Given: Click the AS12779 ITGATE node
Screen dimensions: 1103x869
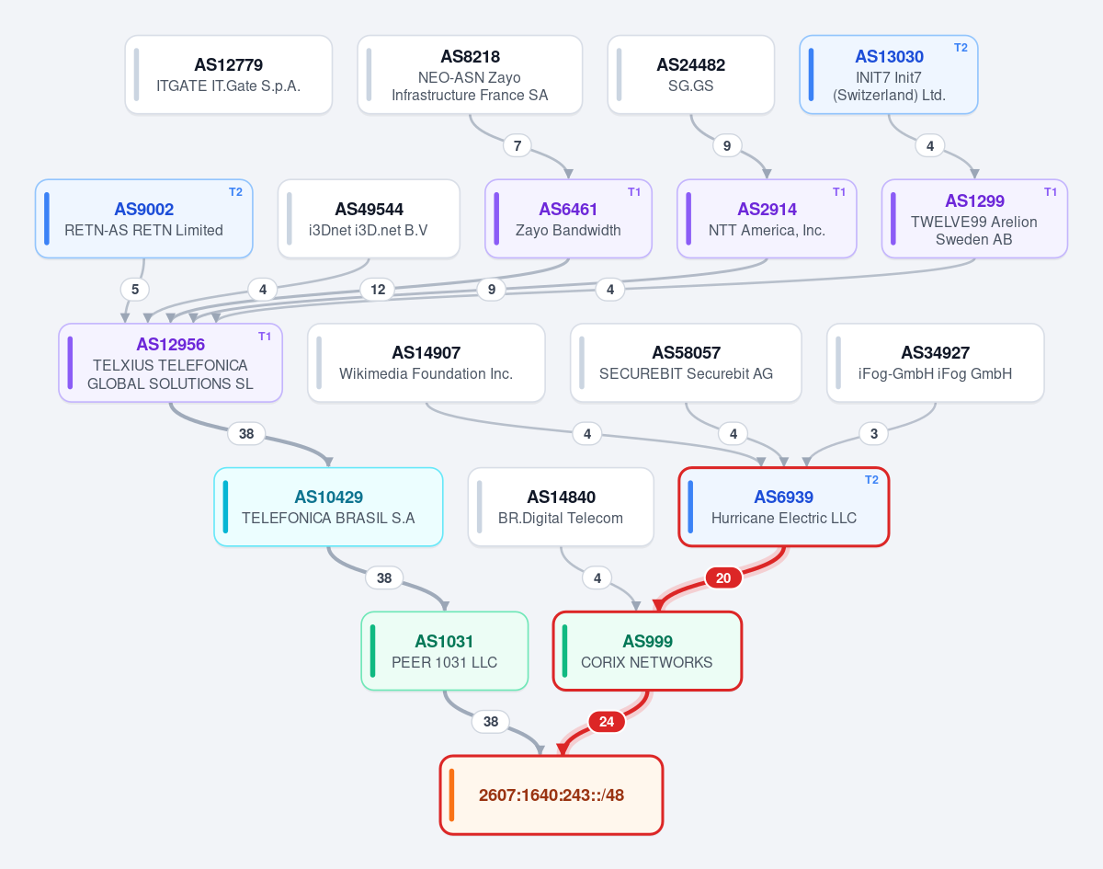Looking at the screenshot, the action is coord(229,74).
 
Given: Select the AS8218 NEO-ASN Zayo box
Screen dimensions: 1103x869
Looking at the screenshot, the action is coord(470,74).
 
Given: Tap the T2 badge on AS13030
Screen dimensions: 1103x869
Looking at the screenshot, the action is coord(961,48).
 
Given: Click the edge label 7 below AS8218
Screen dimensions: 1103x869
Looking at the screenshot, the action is coord(517,145).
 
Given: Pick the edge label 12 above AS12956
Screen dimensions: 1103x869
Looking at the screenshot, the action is coord(378,290).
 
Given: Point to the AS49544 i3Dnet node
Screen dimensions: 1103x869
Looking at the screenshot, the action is coord(369,219).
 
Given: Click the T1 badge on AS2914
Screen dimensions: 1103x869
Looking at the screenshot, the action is coord(839,192).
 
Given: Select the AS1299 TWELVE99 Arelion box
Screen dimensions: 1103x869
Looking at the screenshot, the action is coord(974,219).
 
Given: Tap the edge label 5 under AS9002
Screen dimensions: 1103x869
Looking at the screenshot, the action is coord(135,290).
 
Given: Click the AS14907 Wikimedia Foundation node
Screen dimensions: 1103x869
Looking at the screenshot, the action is coord(426,363).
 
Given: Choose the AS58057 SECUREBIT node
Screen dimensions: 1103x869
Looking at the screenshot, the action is coord(686,363).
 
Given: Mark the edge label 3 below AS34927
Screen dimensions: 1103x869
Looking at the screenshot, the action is coord(874,434).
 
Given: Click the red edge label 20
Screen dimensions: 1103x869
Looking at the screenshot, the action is coord(723,578).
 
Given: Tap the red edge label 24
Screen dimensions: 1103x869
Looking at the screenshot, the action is coord(607,722).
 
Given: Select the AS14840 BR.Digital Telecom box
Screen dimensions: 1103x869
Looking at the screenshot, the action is coord(561,508).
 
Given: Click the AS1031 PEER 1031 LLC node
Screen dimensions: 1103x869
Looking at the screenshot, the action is coord(444,651).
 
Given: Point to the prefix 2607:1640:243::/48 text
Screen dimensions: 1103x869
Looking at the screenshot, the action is coord(551,795).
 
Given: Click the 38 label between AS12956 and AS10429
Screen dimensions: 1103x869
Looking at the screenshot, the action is coord(246,434).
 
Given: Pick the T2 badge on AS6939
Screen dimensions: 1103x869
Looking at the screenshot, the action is coord(871,480).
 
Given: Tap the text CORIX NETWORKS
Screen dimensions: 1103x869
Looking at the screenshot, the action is coord(646,662).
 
